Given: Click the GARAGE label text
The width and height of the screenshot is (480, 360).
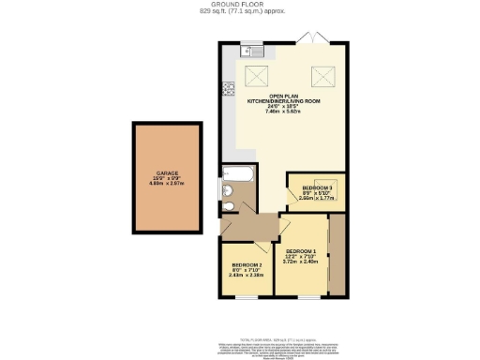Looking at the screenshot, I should (167, 173).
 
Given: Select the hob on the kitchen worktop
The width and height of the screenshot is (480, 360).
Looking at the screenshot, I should (227, 90).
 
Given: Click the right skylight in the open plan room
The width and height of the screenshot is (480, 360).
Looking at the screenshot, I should (322, 75).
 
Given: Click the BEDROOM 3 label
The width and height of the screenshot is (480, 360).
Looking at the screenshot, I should (314, 187).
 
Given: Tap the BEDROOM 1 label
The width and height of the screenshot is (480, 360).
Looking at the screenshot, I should (301, 252).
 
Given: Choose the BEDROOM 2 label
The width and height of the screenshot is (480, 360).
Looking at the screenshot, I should (246, 265).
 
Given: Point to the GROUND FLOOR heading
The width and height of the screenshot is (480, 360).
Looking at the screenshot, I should (239, 5).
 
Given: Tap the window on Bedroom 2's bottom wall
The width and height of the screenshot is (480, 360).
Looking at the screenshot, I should (247, 296).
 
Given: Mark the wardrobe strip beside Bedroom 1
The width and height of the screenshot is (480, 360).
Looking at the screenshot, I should (336, 255).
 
